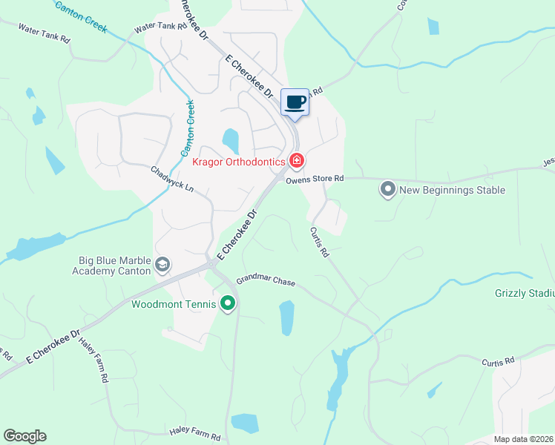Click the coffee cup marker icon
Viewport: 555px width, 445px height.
point(295,102)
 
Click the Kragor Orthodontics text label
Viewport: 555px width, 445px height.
point(238,162)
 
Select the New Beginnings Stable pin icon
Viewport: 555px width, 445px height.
point(387,190)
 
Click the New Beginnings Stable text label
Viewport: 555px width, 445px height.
point(452,191)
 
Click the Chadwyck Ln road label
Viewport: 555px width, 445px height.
point(172,180)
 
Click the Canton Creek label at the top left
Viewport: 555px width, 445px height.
point(81,17)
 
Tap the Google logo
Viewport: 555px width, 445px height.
point(24,436)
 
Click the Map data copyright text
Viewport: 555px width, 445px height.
point(523,439)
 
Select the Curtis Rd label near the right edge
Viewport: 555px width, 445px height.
point(497,362)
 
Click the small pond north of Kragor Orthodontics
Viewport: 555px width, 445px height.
point(231,139)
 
